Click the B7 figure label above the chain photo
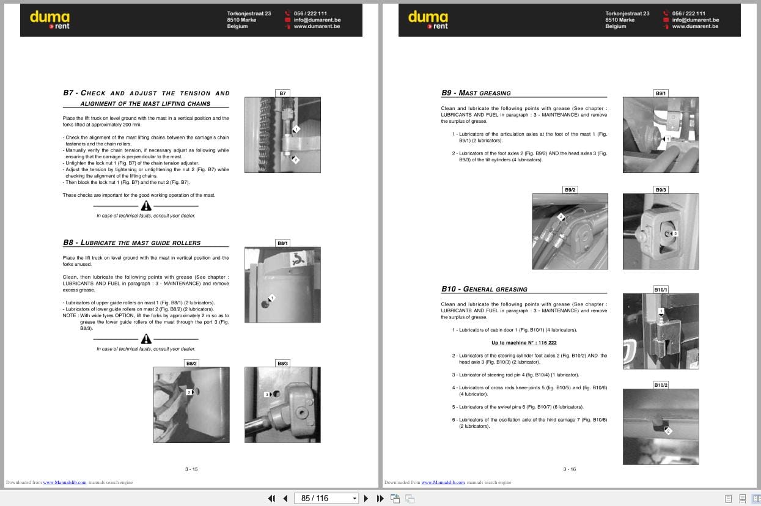click(x=282, y=94)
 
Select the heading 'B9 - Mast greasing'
click(x=476, y=93)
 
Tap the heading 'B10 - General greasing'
click(x=484, y=289)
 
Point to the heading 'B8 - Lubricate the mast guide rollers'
click(x=131, y=243)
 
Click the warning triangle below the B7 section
click(x=146, y=206)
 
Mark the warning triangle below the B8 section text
click(x=146, y=339)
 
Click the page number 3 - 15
click(x=191, y=469)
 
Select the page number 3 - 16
click(x=569, y=469)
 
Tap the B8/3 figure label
click(x=282, y=363)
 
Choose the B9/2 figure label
click(x=570, y=190)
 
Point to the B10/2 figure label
click(x=661, y=385)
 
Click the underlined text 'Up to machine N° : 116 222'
click(x=524, y=343)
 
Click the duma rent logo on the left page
click(x=50, y=20)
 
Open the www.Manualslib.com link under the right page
click(x=443, y=483)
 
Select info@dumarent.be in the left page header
click(x=317, y=20)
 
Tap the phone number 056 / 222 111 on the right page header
click(x=688, y=13)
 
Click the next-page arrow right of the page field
click(x=366, y=498)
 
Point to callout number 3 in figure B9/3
click(x=675, y=233)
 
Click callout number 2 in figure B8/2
click(x=189, y=392)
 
